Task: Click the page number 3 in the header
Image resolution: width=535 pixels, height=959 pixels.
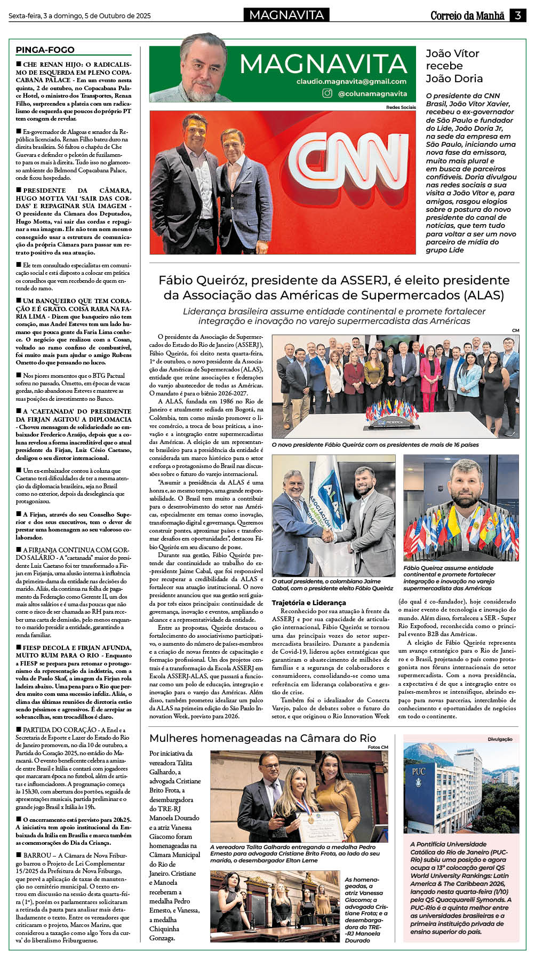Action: pyautogui.click(x=518, y=15)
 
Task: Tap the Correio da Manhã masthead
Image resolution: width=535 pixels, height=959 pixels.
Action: pyautogui.click(x=467, y=15)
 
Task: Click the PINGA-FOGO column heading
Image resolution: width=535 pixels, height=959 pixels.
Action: pyautogui.click(x=45, y=50)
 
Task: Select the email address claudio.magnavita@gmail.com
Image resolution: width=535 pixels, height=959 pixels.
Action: pyautogui.click(x=352, y=82)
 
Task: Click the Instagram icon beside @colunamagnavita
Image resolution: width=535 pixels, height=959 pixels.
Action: pyautogui.click(x=327, y=93)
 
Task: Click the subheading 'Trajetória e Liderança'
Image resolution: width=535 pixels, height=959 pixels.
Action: pyautogui.click(x=309, y=603)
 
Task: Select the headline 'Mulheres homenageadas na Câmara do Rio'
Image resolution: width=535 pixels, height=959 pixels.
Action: pyautogui.click(x=262, y=738)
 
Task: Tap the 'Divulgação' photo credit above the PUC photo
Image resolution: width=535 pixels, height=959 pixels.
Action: pyautogui.click(x=500, y=739)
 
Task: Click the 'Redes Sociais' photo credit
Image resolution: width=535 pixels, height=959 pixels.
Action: pyautogui.click(x=401, y=107)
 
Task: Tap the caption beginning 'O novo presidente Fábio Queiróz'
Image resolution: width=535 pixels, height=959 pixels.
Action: pyautogui.click(x=375, y=445)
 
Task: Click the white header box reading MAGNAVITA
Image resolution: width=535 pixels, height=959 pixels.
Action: pyautogui.click(x=286, y=15)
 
